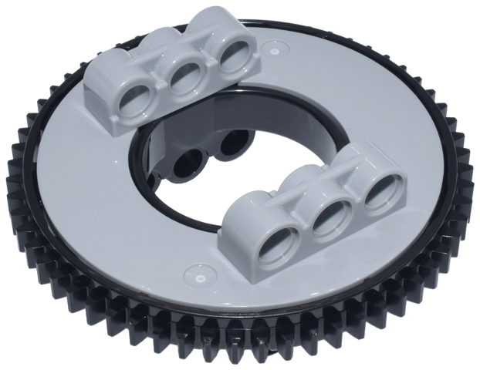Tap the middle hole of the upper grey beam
(x=184, y=80)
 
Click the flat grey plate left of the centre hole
(x=85, y=185)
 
